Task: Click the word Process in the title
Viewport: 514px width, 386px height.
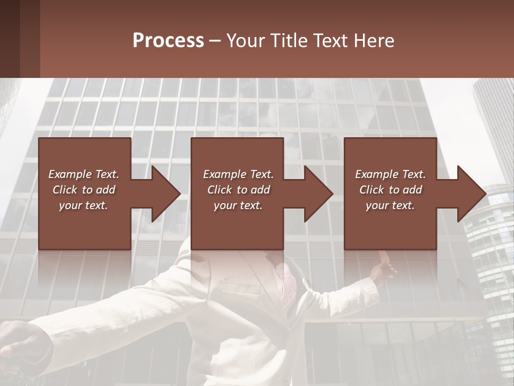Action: coord(168,41)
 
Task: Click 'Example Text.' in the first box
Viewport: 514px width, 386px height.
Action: coord(84,174)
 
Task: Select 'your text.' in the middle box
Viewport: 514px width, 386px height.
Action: coord(238,205)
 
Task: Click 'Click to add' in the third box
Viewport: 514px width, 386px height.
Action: coord(390,190)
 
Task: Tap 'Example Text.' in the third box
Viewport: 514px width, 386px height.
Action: coord(390,174)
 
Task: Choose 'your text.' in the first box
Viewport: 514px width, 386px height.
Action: coord(84,205)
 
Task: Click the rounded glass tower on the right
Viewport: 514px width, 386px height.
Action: coord(490,252)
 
